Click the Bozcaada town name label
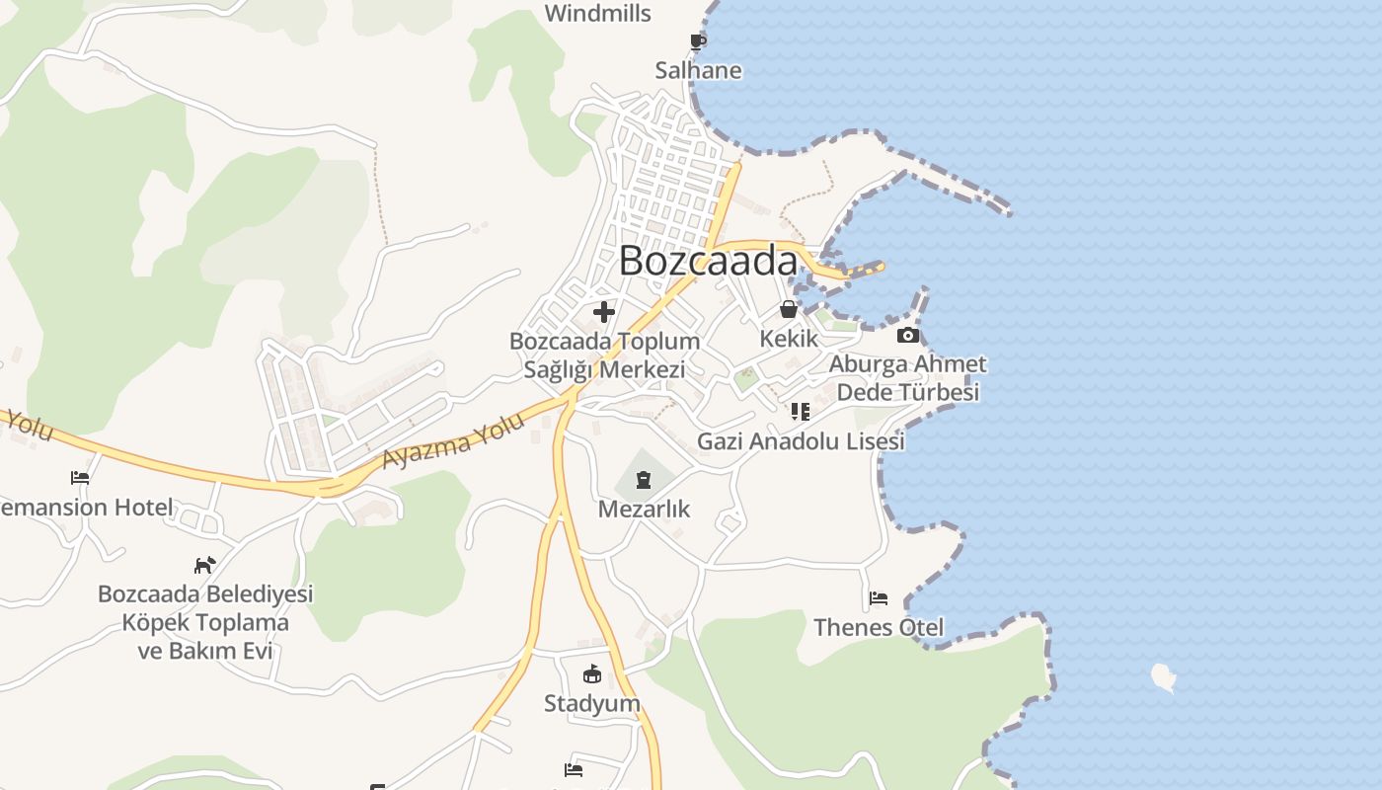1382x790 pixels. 708,261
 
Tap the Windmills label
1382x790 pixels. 598,14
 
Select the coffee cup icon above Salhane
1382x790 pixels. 698,41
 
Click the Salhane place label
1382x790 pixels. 698,71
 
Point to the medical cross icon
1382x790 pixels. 604,313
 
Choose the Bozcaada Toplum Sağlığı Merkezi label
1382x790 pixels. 604,355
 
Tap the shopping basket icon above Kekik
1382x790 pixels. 789,309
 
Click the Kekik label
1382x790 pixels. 789,339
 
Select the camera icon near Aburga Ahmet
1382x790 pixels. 908,336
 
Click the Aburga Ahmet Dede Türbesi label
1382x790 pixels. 907,378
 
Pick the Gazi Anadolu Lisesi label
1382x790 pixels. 801,441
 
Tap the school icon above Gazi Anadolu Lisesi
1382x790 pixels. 800,412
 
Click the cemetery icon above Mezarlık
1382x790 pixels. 644,481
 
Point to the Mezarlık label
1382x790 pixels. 644,510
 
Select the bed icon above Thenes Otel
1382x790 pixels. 879,598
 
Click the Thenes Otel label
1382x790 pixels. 879,627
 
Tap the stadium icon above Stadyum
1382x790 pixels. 592,674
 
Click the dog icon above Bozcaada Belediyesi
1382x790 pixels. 204,565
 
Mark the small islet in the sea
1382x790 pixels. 1164,677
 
